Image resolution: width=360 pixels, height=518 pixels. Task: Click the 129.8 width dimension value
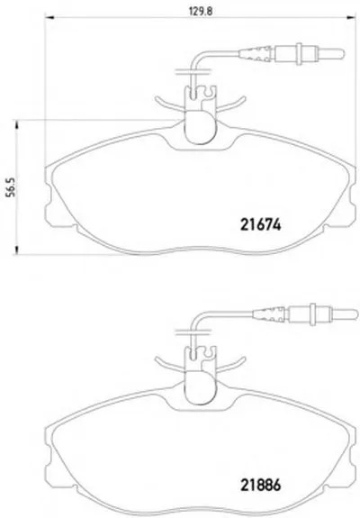(201, 11)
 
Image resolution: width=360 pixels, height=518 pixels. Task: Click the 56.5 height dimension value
(11, 187)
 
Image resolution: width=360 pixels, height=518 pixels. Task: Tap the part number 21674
(260, 225)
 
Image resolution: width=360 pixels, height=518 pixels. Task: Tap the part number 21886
(260, 485)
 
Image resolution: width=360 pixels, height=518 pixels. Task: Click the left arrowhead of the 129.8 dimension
(49, 17)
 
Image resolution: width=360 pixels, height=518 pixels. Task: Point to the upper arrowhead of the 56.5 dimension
(16, 125)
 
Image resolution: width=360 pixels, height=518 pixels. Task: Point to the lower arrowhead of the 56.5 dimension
(16, 250)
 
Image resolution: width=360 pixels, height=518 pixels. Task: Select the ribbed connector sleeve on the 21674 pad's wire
(256, 54)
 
